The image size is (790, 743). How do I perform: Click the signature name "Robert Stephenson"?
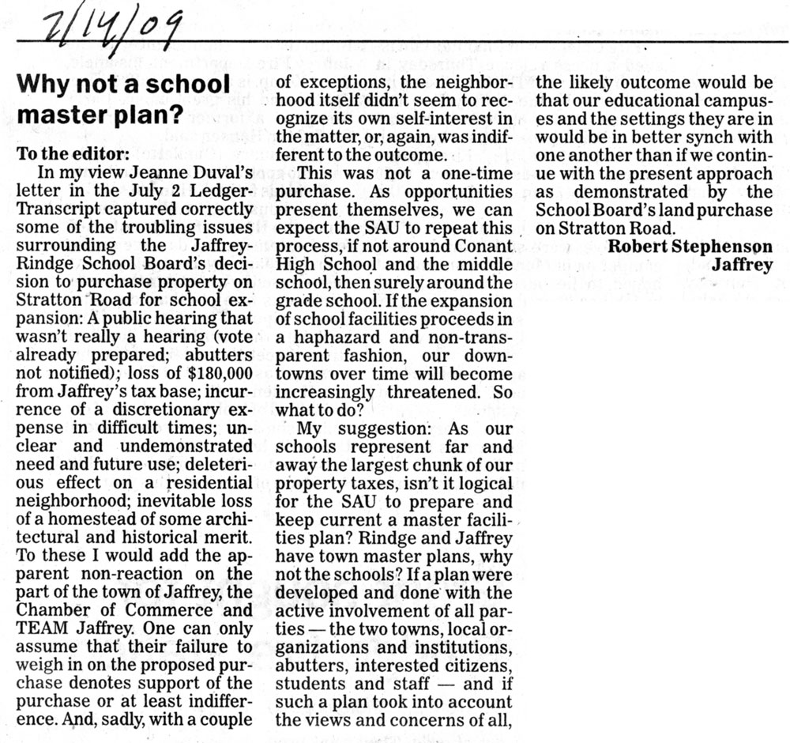click(690, 246)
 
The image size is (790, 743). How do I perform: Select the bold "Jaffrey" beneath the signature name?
click(742, 265)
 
